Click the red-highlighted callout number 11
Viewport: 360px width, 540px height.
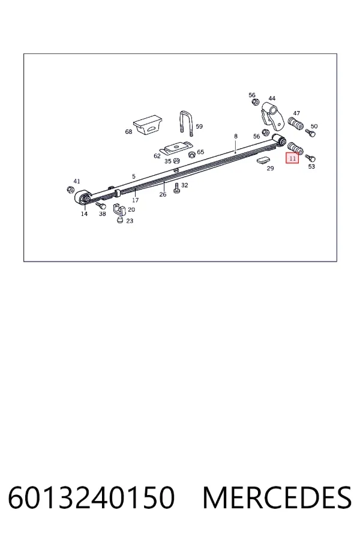tap(292, 158)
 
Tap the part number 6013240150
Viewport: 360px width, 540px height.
tap(91, 497)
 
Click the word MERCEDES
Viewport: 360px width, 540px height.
tap(277, 497)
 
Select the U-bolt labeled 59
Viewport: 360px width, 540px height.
tap(187, 122)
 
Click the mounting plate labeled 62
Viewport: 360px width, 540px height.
tap(178, 148)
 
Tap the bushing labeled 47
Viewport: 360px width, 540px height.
tap(296, 124)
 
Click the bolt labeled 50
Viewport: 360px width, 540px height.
tap(310, 133)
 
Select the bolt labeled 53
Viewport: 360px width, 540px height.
tap(310, 158)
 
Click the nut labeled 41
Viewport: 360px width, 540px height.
tap(70, 190)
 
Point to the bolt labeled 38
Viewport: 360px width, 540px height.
tap(101, 206)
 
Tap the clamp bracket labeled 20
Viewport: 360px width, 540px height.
tap(119, 209)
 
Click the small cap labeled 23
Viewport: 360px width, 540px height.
tap(120, 220)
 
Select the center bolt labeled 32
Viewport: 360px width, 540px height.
tap(177, 188)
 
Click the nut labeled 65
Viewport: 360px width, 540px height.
tap(192, 154)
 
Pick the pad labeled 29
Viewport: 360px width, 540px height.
tap(265, 160)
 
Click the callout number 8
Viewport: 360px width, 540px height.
tap(236, 136)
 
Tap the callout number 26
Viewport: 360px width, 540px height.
tap(163, 194)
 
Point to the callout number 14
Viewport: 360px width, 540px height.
tap(84, 214)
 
